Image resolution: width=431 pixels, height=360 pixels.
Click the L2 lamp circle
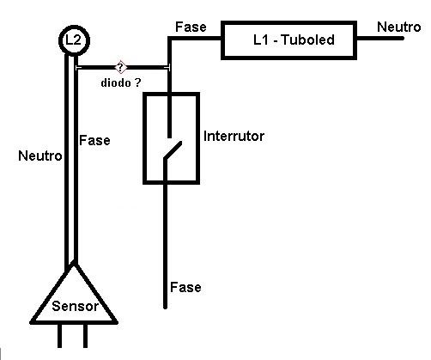(74, 28)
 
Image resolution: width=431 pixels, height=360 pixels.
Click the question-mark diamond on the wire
(120, 67)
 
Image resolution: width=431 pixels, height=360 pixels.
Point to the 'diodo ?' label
(121, 82)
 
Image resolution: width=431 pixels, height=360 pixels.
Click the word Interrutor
(234, 137)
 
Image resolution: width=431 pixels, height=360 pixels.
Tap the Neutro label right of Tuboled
(399, 27)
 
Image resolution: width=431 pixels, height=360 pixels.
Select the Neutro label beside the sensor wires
(39, 156)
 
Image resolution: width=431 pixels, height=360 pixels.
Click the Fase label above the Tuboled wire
(191, 27)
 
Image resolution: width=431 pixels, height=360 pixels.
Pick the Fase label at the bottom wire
(185, 287)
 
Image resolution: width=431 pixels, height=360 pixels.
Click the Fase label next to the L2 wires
(94, 140)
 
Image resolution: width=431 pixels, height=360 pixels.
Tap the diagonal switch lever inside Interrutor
(173, 149)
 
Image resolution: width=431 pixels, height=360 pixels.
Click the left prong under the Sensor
(59, 336)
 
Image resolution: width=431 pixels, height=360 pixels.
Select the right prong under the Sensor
(85, 336)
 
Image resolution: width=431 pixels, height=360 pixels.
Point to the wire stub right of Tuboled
(380, 39)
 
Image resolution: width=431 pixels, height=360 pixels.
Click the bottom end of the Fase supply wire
(165, 308)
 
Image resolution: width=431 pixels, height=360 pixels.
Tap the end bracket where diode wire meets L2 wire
(76, 68)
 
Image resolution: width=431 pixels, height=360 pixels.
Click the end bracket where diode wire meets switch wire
(169, 68)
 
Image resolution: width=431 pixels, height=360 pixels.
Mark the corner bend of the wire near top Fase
(169, 39)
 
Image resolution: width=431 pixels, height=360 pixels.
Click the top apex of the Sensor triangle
(74, 264)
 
